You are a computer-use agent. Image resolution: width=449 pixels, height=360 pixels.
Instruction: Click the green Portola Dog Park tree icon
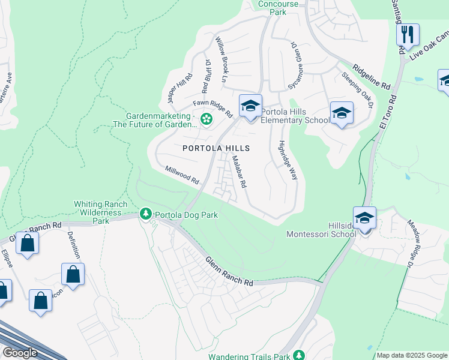pos(145,214)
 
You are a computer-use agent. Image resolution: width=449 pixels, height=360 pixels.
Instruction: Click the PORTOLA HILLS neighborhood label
pos(215,148)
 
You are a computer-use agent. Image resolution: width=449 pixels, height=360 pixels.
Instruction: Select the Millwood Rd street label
pos(182,175)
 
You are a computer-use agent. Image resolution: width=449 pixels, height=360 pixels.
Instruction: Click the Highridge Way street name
pos(289,161)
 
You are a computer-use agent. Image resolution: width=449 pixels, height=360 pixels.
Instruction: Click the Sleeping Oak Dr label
pos(358,89)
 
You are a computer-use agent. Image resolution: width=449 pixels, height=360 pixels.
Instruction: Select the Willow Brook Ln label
pos(221,60)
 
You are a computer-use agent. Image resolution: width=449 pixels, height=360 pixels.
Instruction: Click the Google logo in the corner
pos(20,352)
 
